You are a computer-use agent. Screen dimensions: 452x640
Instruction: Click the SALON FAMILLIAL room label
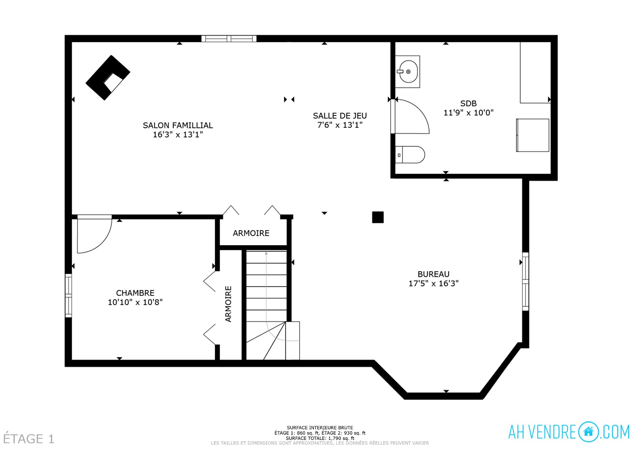tap(178, 126)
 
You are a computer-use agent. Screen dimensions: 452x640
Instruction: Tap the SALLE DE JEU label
tap(340, 116)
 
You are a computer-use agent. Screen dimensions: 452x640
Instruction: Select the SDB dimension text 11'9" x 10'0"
tap(468, 113)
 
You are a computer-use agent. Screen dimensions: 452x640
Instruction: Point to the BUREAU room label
tap(433, 274)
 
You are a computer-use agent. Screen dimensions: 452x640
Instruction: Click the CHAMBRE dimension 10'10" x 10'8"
tap(135, 302)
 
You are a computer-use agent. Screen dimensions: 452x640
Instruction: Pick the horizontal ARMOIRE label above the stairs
tap(251, 233)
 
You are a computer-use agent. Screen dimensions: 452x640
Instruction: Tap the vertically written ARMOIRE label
tap(228, 304)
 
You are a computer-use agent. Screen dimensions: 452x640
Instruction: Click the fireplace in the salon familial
tap(107, 77)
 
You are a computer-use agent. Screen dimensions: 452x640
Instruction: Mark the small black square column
tap(378, 217)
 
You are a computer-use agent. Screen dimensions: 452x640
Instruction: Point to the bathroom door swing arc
tap(413, 117)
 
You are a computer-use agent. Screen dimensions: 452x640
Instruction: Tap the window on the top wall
tap(229, 39)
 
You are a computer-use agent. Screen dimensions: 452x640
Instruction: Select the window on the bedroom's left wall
tap(68, 295)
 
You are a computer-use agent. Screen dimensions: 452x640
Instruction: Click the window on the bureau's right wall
tap(525, 281)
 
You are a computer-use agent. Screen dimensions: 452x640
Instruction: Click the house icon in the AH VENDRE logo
tap(588, 432)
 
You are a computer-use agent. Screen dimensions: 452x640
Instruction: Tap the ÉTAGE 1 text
tap(29, 439)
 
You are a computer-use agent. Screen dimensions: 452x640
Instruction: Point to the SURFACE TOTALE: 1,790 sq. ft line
tap(320, 438)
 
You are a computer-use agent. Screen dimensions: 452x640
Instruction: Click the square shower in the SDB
tap(533, 135)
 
